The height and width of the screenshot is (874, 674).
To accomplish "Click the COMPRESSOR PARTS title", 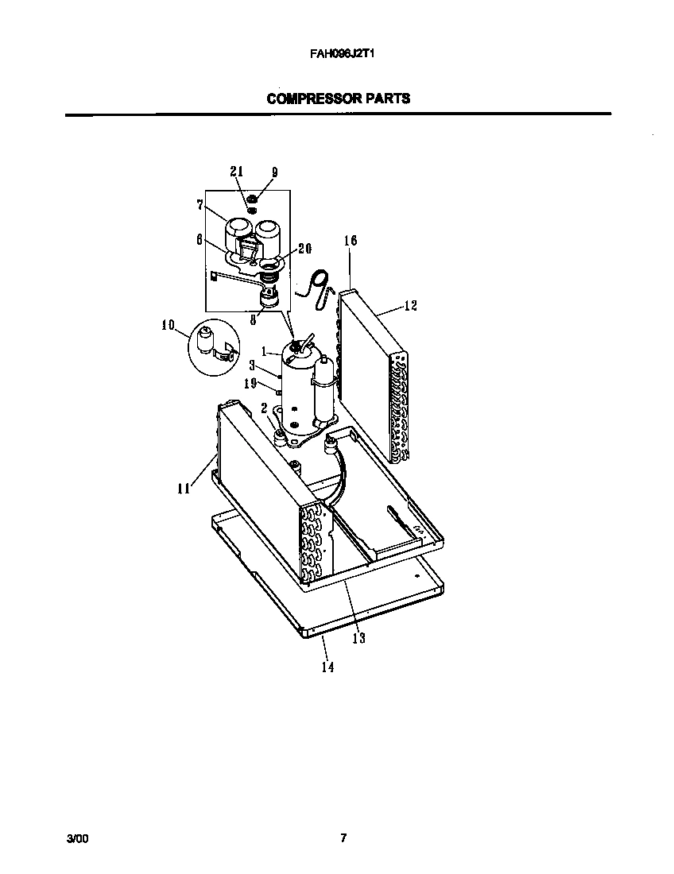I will [x=339, y=99].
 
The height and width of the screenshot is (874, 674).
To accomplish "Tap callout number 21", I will [x=236, y=172].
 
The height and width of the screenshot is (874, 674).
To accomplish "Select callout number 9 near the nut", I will [x=274, y=172].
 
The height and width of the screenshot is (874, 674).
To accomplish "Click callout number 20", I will [x=304, y=248].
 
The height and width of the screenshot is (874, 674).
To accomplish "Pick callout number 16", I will [x=351, y=241].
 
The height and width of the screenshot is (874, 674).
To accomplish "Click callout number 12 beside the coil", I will [x=411, y=305].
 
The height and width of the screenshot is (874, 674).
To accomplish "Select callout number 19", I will [x=249, y=383].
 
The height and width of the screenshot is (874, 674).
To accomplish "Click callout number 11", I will [x=184, y=489].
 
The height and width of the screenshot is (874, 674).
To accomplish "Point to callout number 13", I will [x=359, y=638].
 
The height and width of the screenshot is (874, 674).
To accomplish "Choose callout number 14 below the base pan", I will [x=327, y=667].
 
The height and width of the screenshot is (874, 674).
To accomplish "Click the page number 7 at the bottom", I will [x=343, y=838].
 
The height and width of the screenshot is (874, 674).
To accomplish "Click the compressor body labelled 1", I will [x=298, y=381].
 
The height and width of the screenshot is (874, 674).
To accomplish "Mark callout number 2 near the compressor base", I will [x=263, y=408].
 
